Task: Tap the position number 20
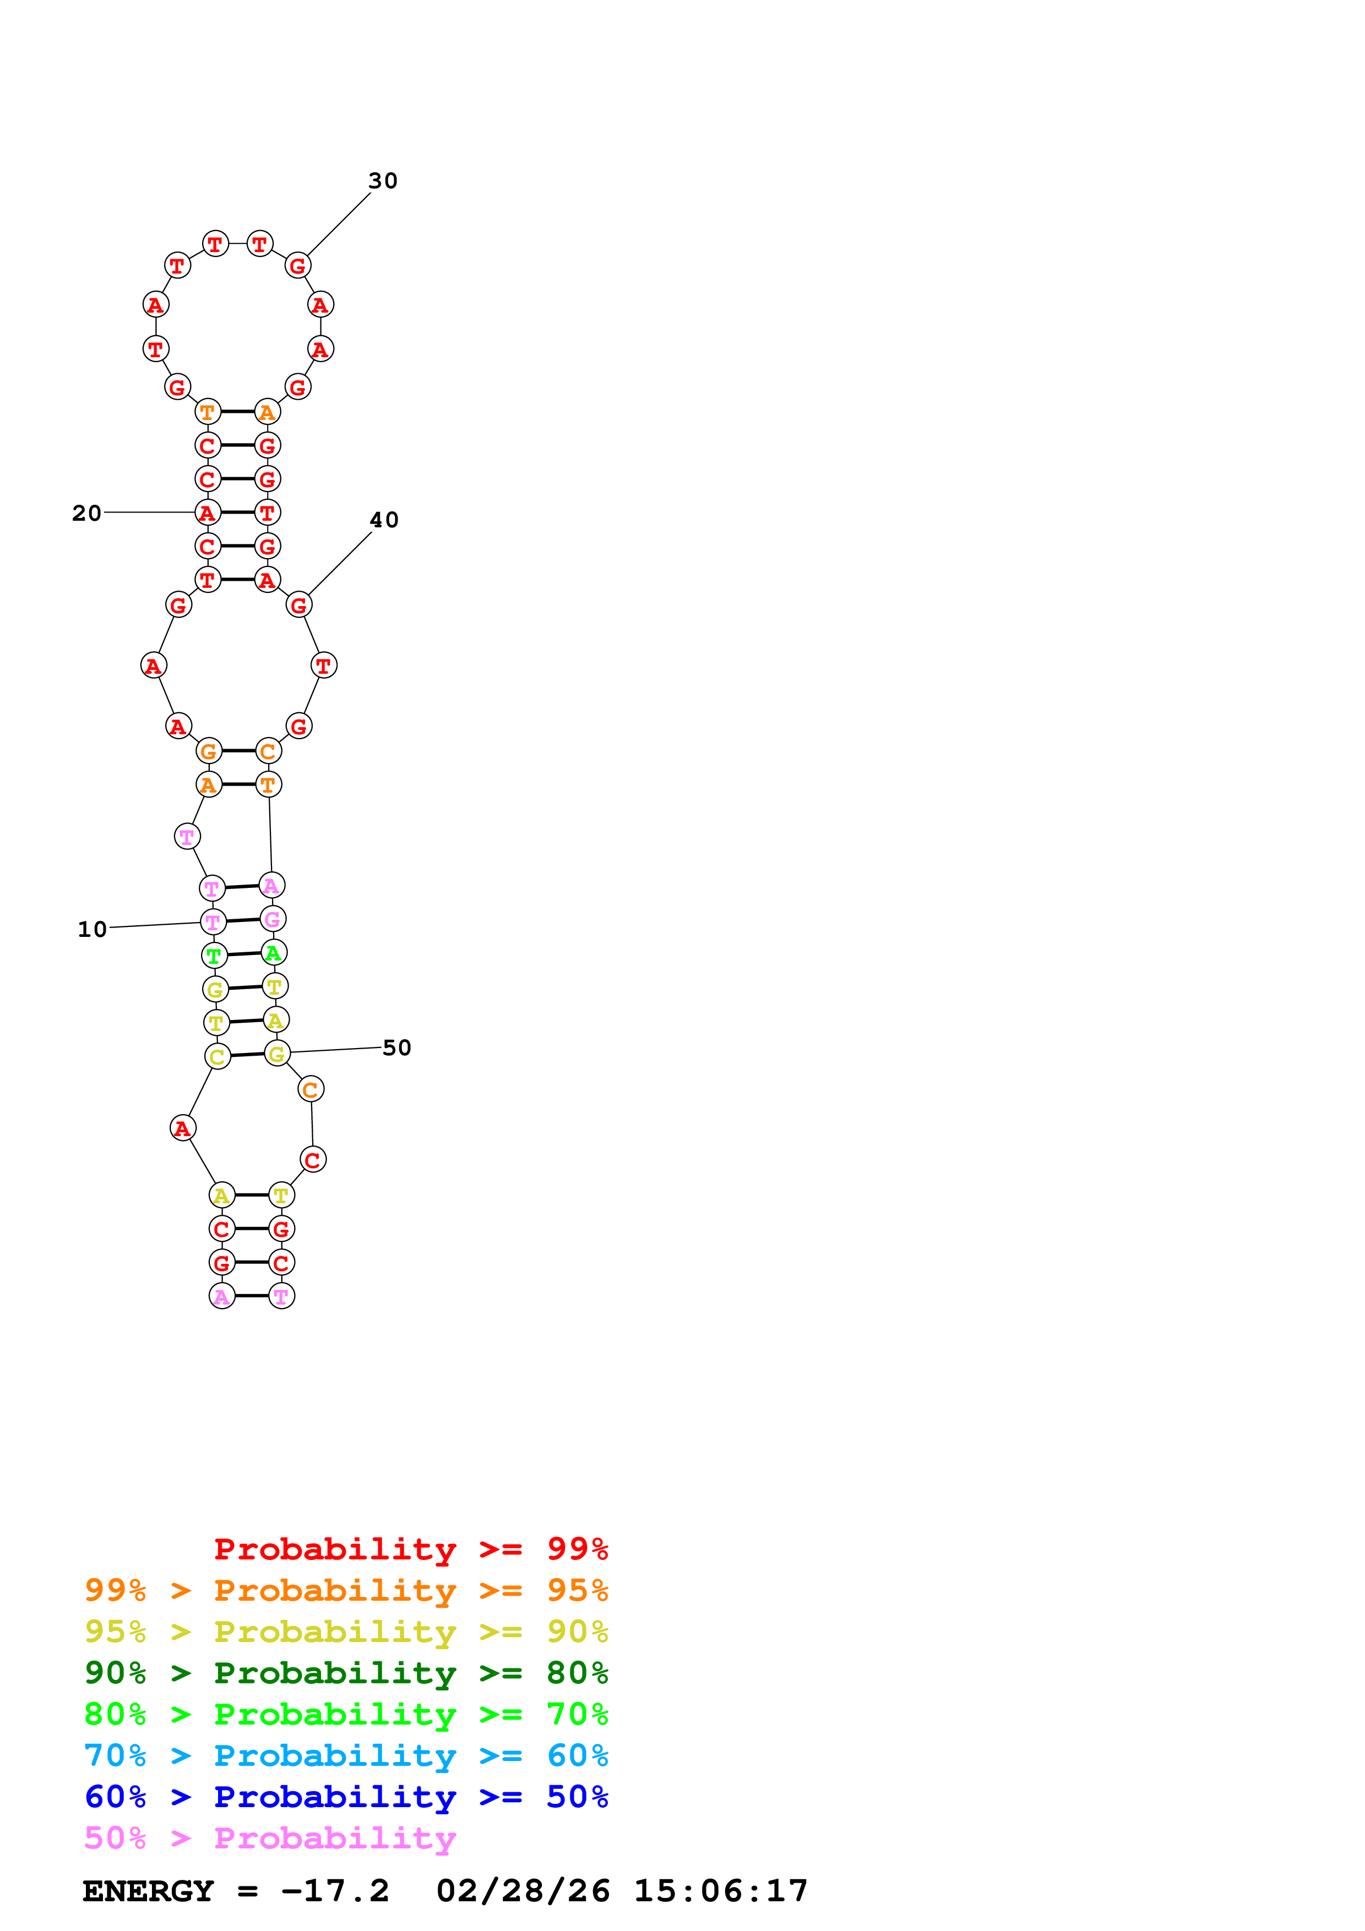[86, 513]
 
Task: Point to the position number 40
[384, 520]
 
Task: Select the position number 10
[93, 929]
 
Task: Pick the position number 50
[397, 1048]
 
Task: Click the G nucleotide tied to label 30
[298, 266]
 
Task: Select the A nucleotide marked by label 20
[208, 512]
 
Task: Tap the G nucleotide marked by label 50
[277, 1053]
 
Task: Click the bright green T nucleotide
[214, 956]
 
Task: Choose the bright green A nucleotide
[273, 953]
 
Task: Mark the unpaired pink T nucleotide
[187, 837]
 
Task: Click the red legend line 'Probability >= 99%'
[410, 1549]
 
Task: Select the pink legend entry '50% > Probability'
[270, 1839]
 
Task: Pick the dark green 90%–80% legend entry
[346, 1673]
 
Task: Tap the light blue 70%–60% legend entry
[346, 1755]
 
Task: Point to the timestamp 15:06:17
[721, 1891]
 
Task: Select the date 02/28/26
[523, 1891]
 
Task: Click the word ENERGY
[148, 1891]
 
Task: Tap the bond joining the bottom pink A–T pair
[252, 1296]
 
